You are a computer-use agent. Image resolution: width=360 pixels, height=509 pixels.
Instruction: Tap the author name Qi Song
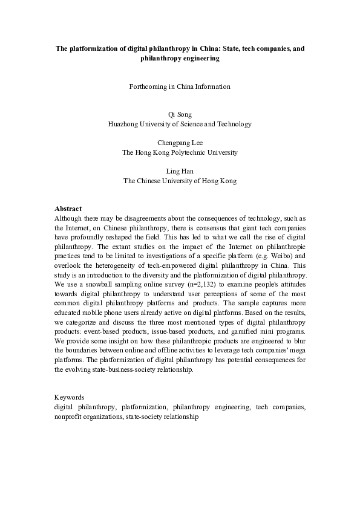pyautogui.click(x=180, y=114)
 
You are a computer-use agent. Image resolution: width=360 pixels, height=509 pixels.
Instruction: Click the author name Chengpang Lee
pyautogui.click(x=180, y=143)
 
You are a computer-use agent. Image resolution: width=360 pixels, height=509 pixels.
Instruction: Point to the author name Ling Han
pyautogui.click(x=180, y=172)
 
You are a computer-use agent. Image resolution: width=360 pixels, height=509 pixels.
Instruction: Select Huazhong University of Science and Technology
pyautogui.click(x=180, y=124)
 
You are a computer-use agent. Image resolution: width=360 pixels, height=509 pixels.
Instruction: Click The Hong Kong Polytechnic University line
pyautogui.click(x=180, y=153)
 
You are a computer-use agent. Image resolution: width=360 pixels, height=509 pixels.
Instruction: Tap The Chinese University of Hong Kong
pyautogui.click(x=180, y=181)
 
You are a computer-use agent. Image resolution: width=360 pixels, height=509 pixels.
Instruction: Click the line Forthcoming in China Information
pyautogui.click(x=180, y=86)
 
